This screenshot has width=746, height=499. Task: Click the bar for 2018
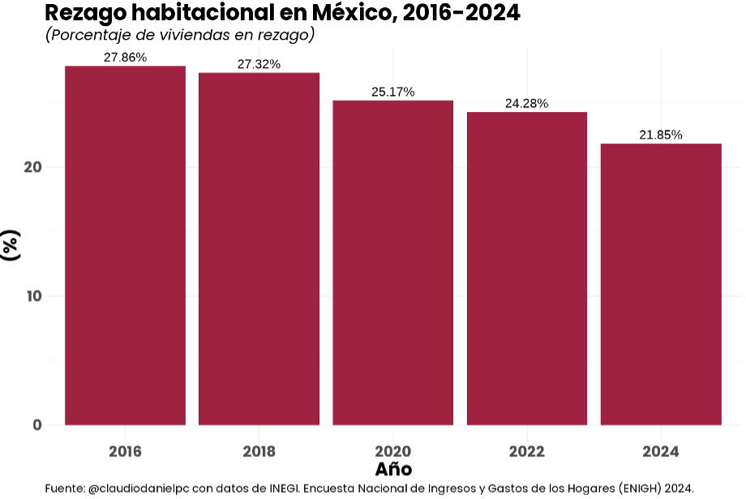click(x=259, y=248)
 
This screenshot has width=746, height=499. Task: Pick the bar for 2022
click(x=527, y=268)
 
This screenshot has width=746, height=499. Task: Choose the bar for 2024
click(x=661, y=284)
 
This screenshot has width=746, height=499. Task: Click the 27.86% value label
click(x=125, y=58)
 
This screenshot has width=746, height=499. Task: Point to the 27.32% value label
click(x=259, y=64)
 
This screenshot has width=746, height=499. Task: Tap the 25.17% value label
click(x=392, y=92)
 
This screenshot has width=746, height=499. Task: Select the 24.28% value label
click(x=527, y=103)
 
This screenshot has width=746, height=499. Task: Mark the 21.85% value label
click(x=661, y=135)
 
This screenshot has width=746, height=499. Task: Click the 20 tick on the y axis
click(x=32, y=167)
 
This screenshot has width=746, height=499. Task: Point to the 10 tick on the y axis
click(x=32, y=296)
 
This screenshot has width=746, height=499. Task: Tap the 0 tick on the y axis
click(x=37, y=425)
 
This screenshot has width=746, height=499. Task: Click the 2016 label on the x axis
click(x=125, y=451)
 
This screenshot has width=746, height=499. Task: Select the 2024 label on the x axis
click(x=661, y=451)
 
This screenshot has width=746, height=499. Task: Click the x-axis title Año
click(x=393, y=469)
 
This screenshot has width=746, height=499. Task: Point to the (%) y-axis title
click(x=11, y=246)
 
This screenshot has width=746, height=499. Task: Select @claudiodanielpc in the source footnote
click(x=139, y=488)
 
